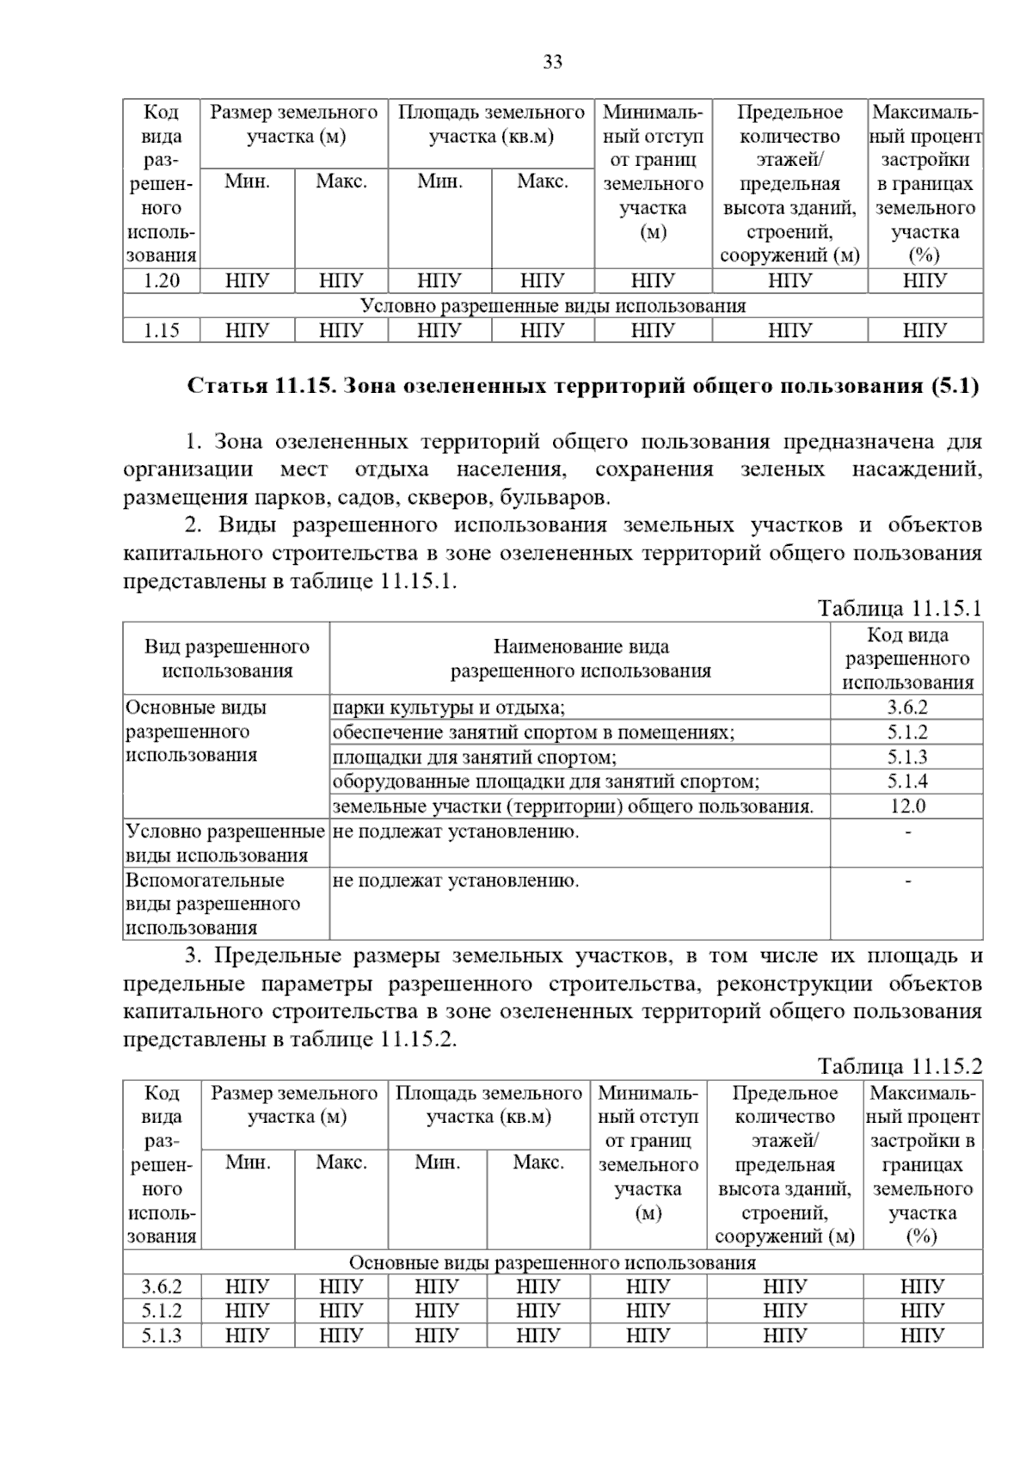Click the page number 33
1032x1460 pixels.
coord(553,62)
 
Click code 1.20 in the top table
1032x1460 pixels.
coord(161,281)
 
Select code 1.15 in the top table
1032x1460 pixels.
coord(161,330)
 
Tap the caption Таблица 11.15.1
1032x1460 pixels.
coord(900,609)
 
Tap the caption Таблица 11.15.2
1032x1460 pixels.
coord(900,1067)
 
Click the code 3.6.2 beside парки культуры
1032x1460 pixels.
coord(906,708)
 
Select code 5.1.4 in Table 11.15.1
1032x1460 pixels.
coord(906,782)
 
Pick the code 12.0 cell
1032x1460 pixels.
coord(906,806)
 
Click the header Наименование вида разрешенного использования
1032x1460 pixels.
coord(580,659)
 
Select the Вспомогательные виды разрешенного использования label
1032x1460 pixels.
coord(212,904)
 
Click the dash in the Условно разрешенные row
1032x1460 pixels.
coord(907,831)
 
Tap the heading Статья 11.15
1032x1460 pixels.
coord(583,386)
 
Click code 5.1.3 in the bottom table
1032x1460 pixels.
coord(161,1335)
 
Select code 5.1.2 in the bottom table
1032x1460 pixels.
coord(161,1311)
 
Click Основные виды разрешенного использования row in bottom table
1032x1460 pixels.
coord(552,1262)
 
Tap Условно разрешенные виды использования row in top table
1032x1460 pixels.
coord(552,306)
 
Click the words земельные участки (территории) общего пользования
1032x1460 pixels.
coord(573,807)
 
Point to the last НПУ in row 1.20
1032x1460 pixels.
coord(924,281)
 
